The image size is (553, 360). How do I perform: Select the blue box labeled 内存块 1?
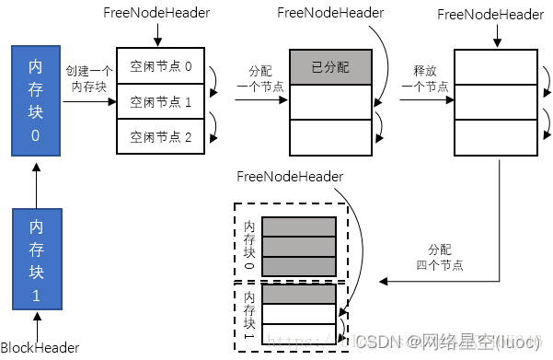pos(36,260)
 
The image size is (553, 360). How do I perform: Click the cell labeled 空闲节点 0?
pos(160,66)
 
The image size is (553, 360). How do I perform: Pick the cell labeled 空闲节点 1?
pos(160,101)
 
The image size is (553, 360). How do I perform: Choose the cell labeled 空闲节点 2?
pos(160,136)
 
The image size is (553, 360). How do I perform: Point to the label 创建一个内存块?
pos(89,76)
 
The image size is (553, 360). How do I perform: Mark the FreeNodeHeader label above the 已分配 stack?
pos(331,13)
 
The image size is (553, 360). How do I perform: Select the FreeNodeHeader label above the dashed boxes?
pos(290,175)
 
